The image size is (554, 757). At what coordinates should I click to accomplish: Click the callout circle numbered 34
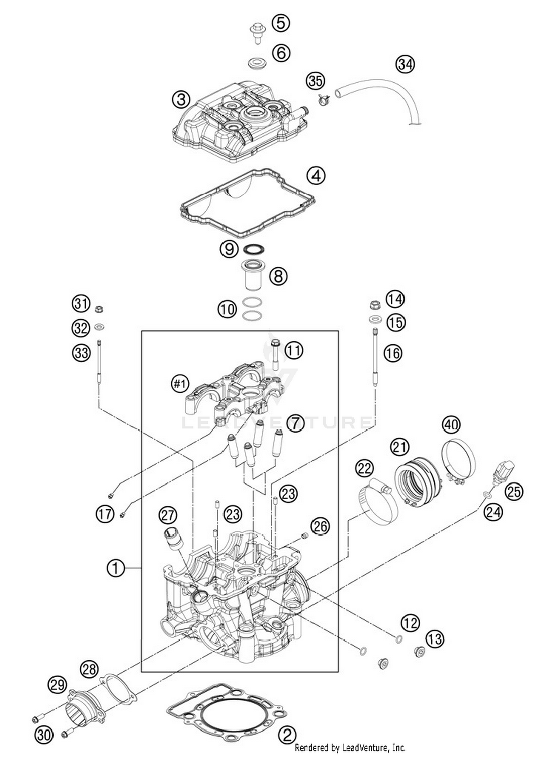tap(405, 64)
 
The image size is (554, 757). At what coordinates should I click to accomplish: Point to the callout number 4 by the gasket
tap(317, 176)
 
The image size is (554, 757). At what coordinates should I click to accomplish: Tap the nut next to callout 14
tap(375, 305)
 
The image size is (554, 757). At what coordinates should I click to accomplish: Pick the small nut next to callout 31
tap(99, 309)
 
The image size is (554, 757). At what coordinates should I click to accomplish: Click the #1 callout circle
tap(180, 384)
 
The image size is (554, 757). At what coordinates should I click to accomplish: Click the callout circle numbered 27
tap(168, 515)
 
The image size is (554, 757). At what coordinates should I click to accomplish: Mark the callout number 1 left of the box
tap(116, 568)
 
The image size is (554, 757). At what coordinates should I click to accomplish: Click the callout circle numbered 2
tap(287, 734)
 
